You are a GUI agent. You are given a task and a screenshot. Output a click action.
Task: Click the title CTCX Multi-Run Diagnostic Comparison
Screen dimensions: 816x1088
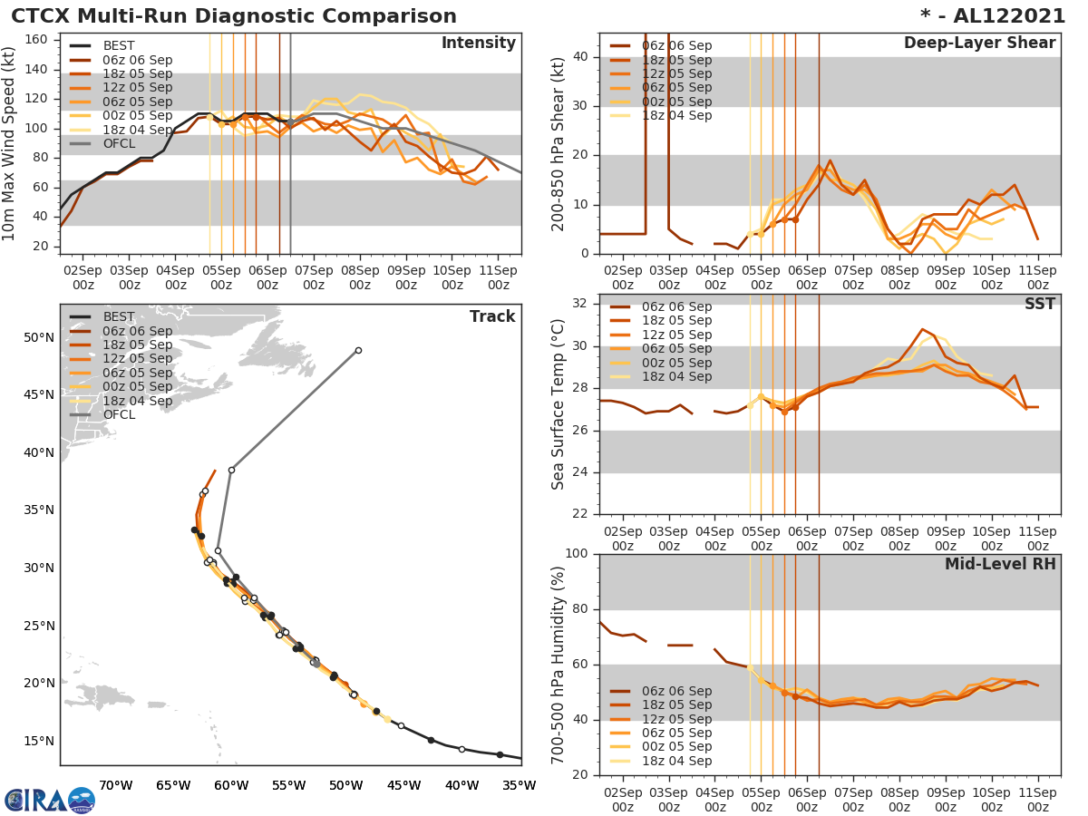tap(234, 16)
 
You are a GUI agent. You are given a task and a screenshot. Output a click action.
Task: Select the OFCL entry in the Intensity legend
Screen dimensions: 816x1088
tap(119, 144)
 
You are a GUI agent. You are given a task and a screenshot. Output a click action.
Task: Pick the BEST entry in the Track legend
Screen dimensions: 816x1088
tap(119, 316)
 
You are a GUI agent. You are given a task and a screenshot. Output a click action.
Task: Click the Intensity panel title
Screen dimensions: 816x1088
tap(478, 44)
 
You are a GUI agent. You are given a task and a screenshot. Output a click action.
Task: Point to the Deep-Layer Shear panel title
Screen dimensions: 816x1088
tap(979, 44)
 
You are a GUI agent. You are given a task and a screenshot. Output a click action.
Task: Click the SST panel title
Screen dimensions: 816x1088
tap(1040, 304)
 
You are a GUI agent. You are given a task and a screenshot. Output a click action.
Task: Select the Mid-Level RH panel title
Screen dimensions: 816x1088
tap(1000, 564)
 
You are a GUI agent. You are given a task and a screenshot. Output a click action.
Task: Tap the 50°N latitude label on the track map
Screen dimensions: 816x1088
tap(39, 338)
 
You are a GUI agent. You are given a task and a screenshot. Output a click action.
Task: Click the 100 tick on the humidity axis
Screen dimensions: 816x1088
tap(578, 554)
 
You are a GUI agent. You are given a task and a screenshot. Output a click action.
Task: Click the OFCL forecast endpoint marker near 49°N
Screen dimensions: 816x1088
tap(358, 350)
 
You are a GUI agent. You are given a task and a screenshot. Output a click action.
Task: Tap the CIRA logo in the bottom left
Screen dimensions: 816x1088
tap(50, 800)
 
